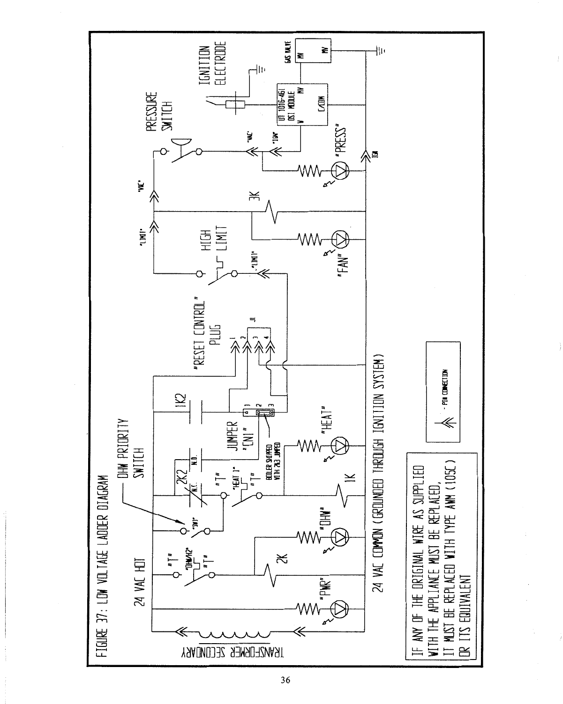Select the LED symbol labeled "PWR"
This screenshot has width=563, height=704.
click(x=340, y=608)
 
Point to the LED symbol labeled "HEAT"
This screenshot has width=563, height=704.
click(x=340, y=444)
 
